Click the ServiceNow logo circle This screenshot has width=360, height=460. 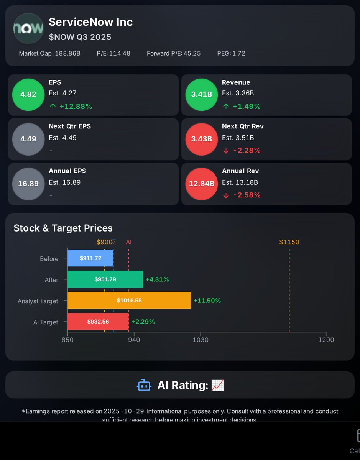pos(28,28)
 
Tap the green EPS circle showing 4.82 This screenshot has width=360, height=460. pos(28,94)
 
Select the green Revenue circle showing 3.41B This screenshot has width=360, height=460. pos(201,94)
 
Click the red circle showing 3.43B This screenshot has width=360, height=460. pos(201,139)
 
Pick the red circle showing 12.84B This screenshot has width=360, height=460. pos(201,184)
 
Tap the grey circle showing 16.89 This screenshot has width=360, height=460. pos(28,184)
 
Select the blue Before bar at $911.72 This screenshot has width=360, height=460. pos(90,258)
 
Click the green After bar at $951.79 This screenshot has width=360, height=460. pos(105,279)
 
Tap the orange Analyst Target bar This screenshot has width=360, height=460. pos(129,301)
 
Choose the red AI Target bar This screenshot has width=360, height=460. pos(98,322)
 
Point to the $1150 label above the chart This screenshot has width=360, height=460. pos(289,242)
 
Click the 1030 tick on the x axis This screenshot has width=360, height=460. pos(201,340)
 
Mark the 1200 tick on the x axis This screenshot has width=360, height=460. pos(326,340)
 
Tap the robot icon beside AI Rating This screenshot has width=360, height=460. pos(144,385)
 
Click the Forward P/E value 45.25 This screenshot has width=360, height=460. pos(192,53)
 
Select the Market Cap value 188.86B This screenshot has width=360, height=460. pos(67,53)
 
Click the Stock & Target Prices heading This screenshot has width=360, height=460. pos(63,228)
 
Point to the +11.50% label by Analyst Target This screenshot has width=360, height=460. pos(207,301)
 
